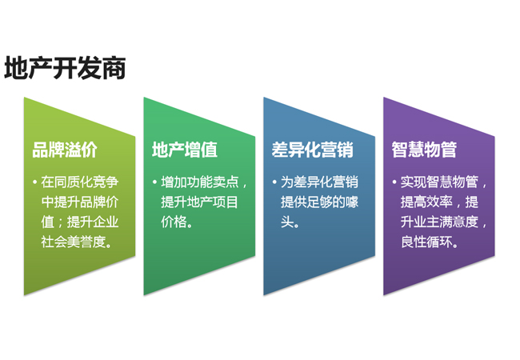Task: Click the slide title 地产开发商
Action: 65,69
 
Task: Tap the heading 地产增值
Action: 185,150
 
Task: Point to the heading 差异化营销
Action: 313,150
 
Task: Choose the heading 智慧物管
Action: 425,150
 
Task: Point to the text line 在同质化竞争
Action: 82,182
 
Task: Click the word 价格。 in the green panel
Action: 177,222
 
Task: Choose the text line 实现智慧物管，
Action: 445,182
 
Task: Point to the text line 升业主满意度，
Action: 445,222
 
